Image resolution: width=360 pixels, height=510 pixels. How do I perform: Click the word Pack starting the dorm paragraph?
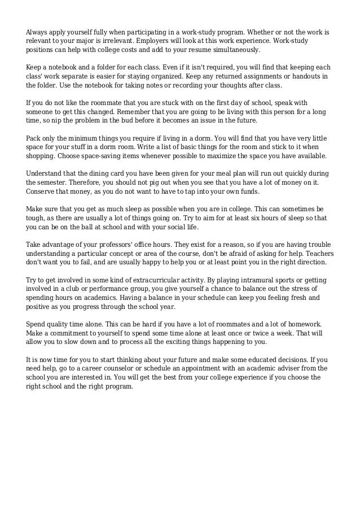pyautogui.click(x=34, y=138)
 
